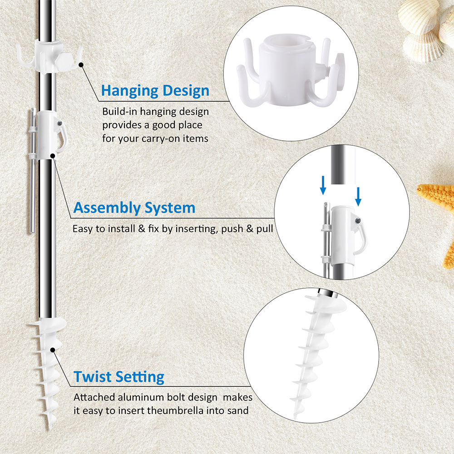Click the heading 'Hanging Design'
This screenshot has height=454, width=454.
tap(155, 91)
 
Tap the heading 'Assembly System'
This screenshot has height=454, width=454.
tap(134, 208)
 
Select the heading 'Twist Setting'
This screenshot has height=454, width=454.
tap(118, 377)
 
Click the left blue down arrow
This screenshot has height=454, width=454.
tap(323, 185)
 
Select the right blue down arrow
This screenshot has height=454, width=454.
tap(358, 196)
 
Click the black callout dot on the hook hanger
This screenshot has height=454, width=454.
tap(81, 65)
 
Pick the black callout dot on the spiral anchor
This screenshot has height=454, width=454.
tap(53, 350)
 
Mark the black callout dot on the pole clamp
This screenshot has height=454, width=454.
tap(53, 156)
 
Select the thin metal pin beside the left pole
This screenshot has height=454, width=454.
tap(33, 171)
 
